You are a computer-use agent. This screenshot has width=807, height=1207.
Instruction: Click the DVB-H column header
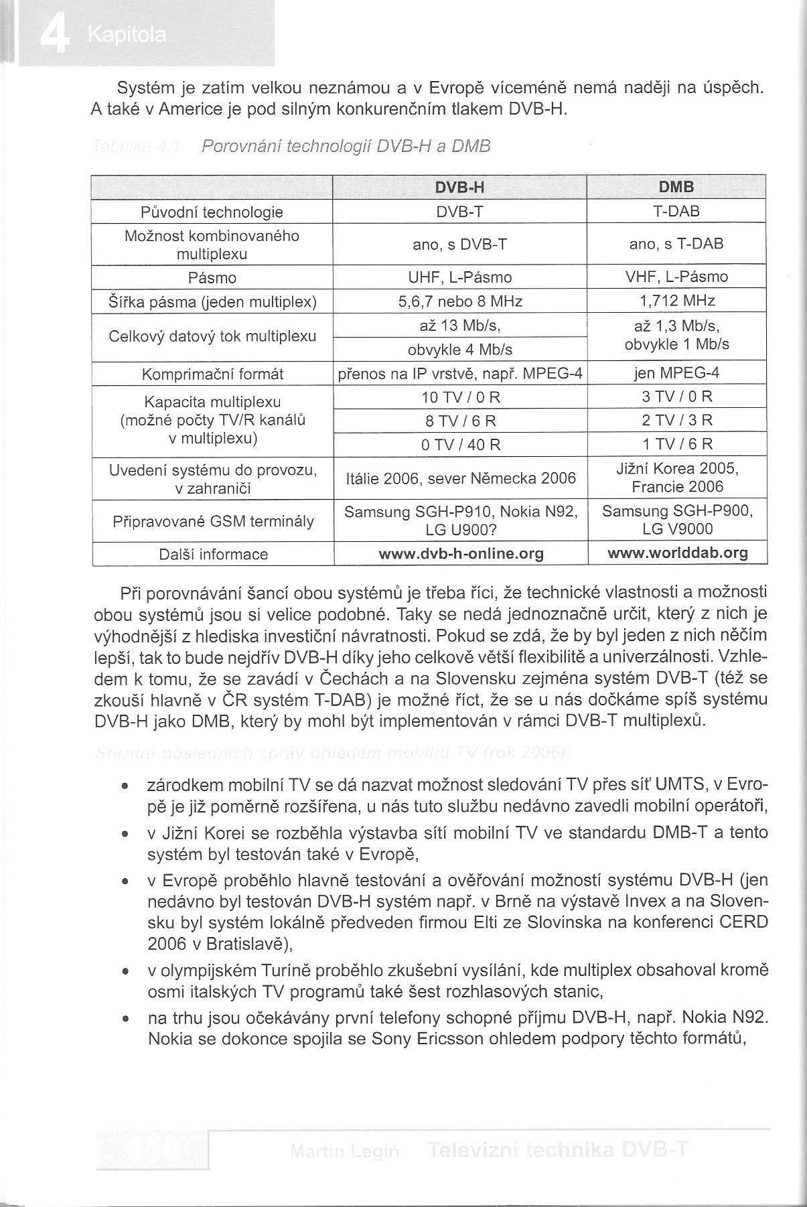459,188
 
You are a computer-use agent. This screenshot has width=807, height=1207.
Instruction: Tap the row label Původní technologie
212,212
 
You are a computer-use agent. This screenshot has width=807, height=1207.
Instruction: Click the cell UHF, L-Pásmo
459,277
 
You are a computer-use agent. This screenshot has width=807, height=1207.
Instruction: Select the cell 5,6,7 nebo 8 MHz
459,301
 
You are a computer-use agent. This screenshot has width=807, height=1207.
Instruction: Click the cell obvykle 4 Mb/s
459,350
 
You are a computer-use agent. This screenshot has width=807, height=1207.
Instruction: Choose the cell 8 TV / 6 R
459,421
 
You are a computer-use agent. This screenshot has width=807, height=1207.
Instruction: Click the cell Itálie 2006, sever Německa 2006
461,478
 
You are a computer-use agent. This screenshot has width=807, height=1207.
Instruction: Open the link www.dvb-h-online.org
461,554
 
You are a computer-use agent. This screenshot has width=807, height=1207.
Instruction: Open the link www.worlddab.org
677,553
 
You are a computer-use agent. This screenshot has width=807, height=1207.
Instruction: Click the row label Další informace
213,554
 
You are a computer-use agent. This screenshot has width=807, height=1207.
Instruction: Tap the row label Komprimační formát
212,374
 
